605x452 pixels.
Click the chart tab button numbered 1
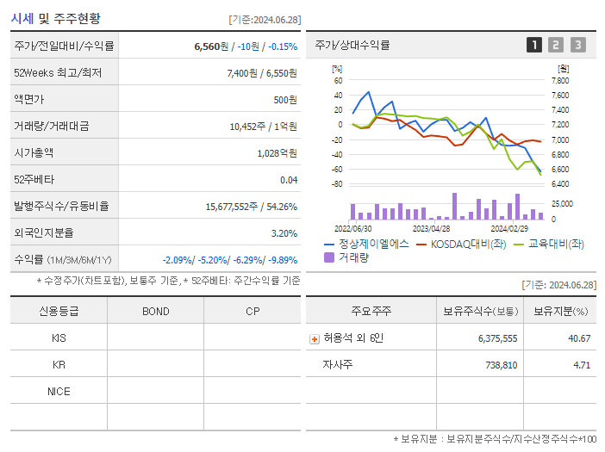pos(534,45)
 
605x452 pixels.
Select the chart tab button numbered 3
pos(577,45)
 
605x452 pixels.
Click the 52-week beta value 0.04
pos(289,180)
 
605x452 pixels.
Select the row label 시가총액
pos(34,153)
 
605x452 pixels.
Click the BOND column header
pos(155,311)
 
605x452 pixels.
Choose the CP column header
pos(252,311)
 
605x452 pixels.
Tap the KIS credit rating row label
pos(59,337)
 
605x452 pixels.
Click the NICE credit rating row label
pos(59,391)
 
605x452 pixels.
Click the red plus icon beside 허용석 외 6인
pos(315,339)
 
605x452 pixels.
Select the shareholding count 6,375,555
pos(497,338)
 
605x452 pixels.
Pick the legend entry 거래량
pos(353,257)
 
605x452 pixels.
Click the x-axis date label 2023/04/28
pos(431,229)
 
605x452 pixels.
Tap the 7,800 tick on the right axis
pos(559,81)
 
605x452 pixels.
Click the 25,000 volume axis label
pos(561,204)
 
